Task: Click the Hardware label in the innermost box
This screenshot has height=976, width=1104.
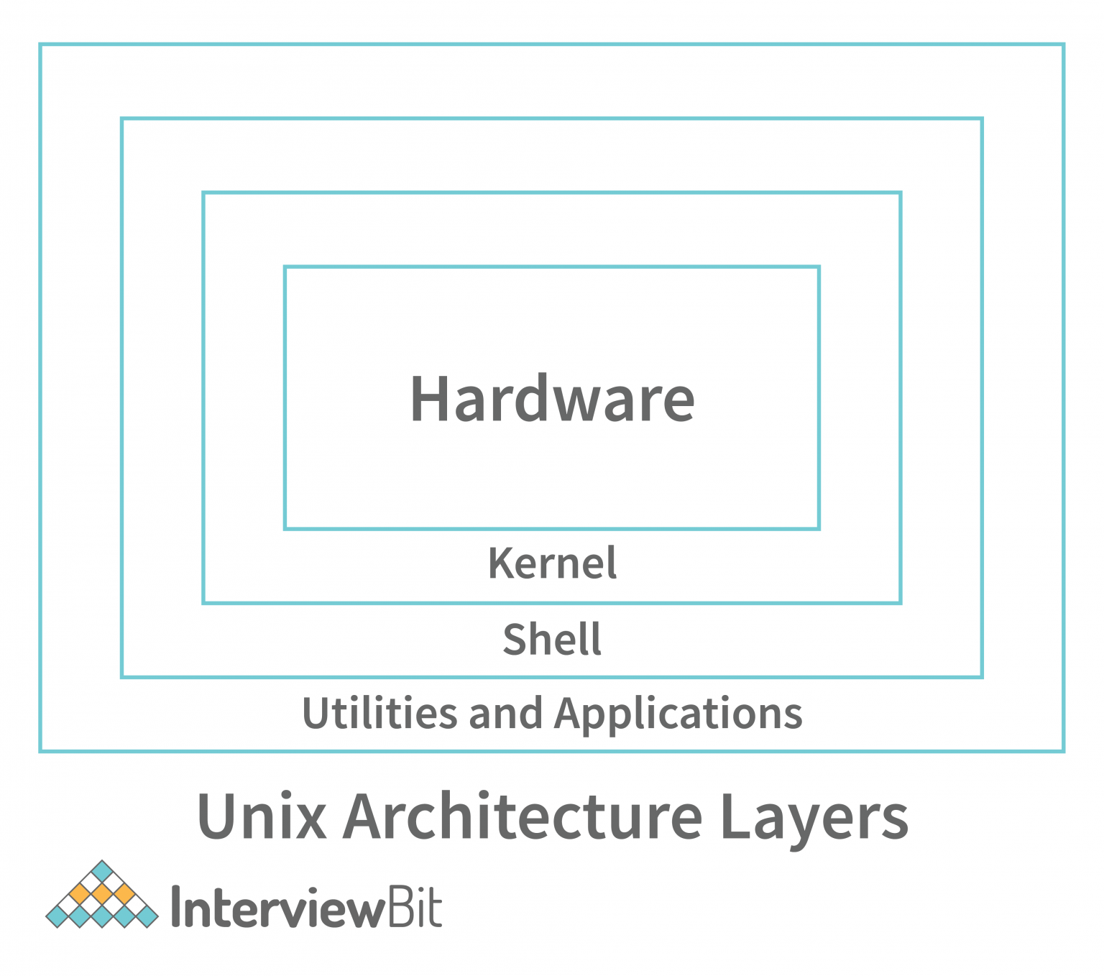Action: coord(552,399)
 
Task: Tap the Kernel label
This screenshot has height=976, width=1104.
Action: coord(552,563)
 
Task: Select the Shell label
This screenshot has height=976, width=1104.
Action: coord(552,640)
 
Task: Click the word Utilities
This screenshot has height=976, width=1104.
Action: coord(379,714)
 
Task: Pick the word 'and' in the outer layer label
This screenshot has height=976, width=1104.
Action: coord(505,714)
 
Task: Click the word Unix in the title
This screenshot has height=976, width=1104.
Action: coord(262,816)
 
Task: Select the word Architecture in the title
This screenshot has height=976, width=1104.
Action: coord(523,816)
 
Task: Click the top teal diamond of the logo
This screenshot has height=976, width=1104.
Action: coord(102,871)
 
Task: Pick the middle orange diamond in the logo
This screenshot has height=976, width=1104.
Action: coord(102,894)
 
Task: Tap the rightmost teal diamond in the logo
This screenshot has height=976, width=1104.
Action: coord(147,916)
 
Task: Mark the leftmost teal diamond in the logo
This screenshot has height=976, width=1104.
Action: coord(57,916)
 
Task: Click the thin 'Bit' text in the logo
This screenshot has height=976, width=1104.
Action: coord(415,907)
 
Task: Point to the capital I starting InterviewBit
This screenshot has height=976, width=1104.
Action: coord(176,907)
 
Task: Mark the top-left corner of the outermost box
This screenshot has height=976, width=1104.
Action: coord(41,45)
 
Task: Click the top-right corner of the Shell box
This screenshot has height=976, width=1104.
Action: coord(981,119)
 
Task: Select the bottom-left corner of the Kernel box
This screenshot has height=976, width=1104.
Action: coord(204,602)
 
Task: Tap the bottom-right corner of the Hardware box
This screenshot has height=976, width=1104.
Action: coord(818,528)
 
